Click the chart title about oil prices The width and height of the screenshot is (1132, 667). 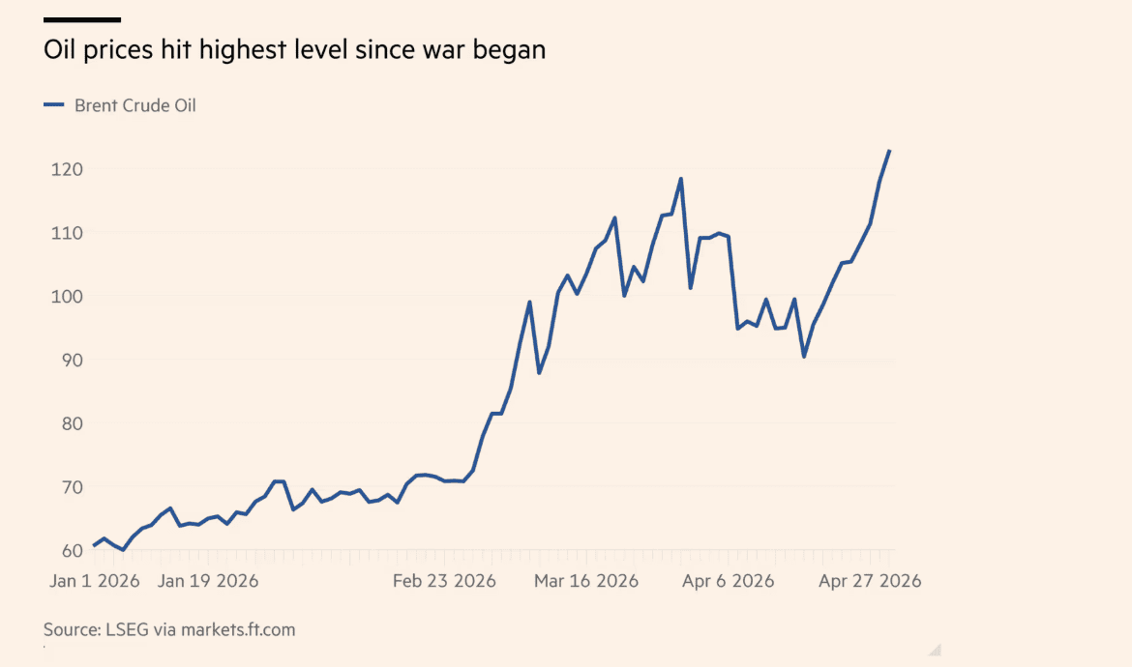(x=294, y=50)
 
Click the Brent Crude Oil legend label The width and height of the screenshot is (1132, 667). (x=134, y=105)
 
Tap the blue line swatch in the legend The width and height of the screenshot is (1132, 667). (x=54, y=105)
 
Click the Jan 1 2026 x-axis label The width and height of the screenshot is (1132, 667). (x=95, y=581)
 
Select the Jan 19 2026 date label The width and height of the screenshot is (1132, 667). (x=208, y=581)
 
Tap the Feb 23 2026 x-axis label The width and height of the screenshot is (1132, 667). (x=444, y=581)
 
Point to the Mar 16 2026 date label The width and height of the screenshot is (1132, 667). (x=586, y=581)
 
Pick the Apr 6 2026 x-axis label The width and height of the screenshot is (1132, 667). (x=728, y=581)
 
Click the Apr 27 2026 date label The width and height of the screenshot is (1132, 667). (x=870, y=581)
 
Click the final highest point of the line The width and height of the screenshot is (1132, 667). (x=889, y=151)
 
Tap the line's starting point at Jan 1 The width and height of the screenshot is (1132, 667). (x=94, y=546)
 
